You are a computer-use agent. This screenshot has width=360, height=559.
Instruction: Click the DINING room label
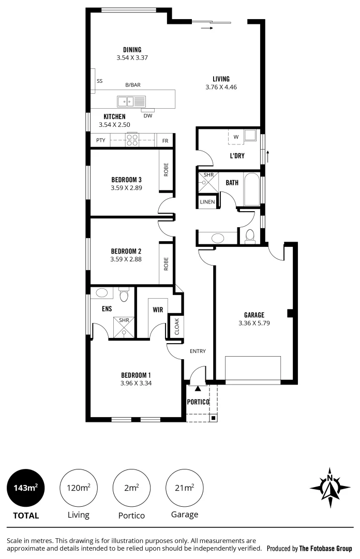tap(132, 50)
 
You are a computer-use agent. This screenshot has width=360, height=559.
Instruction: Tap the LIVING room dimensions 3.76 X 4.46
tap(221, 87)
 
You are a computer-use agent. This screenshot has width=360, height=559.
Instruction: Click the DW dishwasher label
tap(148, 115)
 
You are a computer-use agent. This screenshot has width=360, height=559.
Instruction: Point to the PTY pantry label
tap(101, 140)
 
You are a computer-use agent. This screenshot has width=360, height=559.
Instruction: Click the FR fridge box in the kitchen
tap(165, 140)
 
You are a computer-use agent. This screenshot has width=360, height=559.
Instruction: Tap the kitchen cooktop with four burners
tap(132, 139)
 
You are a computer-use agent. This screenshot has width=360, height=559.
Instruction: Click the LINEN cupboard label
tap(207, 202)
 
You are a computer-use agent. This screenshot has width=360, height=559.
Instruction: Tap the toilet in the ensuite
tap(124, 296)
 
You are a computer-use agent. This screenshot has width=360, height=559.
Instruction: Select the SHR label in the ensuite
tap(124, 320)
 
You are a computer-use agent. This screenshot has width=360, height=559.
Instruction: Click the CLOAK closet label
tap(176, 327)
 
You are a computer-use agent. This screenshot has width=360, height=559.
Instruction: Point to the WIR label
tap(158, 310)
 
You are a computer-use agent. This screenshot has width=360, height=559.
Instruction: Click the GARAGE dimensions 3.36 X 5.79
tap(254, 323)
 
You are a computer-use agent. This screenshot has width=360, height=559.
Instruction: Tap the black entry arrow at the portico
tap(198, 388)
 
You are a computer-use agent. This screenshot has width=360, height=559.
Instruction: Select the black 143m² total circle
tap(26, 488)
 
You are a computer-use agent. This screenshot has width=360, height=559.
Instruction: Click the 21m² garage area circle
tap(185, 488)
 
